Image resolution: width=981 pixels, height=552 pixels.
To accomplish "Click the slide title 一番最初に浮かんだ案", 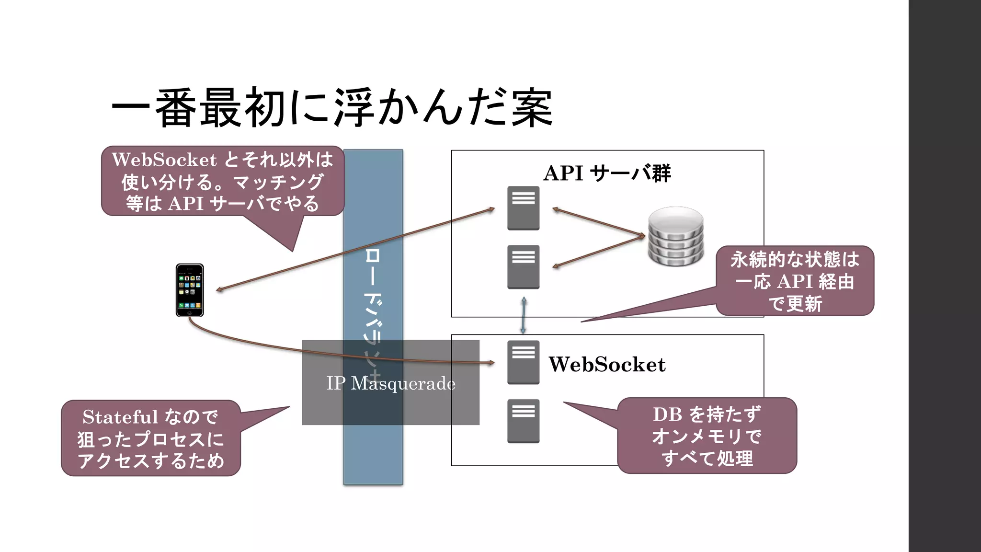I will point(331,108).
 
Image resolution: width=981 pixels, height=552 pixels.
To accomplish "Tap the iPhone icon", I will point(190,290).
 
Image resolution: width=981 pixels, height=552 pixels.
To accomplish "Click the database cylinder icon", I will point(676,236).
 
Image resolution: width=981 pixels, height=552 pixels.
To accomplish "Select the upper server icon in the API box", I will point(523,208).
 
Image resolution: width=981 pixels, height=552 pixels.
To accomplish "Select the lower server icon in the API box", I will point(523,267).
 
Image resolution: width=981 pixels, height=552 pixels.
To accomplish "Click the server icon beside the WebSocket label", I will point(523,362).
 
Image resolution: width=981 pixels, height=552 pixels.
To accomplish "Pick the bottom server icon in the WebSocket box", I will point(523,421).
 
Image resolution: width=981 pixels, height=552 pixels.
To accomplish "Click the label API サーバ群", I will point(607,173).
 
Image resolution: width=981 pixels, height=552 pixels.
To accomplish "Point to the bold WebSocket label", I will point(607,365).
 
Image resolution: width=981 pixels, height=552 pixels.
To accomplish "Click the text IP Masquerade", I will point(390,383).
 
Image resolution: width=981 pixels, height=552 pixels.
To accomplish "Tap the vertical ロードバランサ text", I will point(373,307).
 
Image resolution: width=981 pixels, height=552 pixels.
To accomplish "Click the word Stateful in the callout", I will point(120,417).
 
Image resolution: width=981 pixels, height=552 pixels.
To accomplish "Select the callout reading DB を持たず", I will point(707,436).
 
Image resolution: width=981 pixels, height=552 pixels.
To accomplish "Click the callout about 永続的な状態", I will point(795,281).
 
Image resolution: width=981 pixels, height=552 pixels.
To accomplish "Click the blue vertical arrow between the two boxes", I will point(524,315).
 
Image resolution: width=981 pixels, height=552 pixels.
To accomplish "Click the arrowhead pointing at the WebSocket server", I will point(491,363).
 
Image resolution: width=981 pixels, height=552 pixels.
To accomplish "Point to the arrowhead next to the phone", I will point(219,289).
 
